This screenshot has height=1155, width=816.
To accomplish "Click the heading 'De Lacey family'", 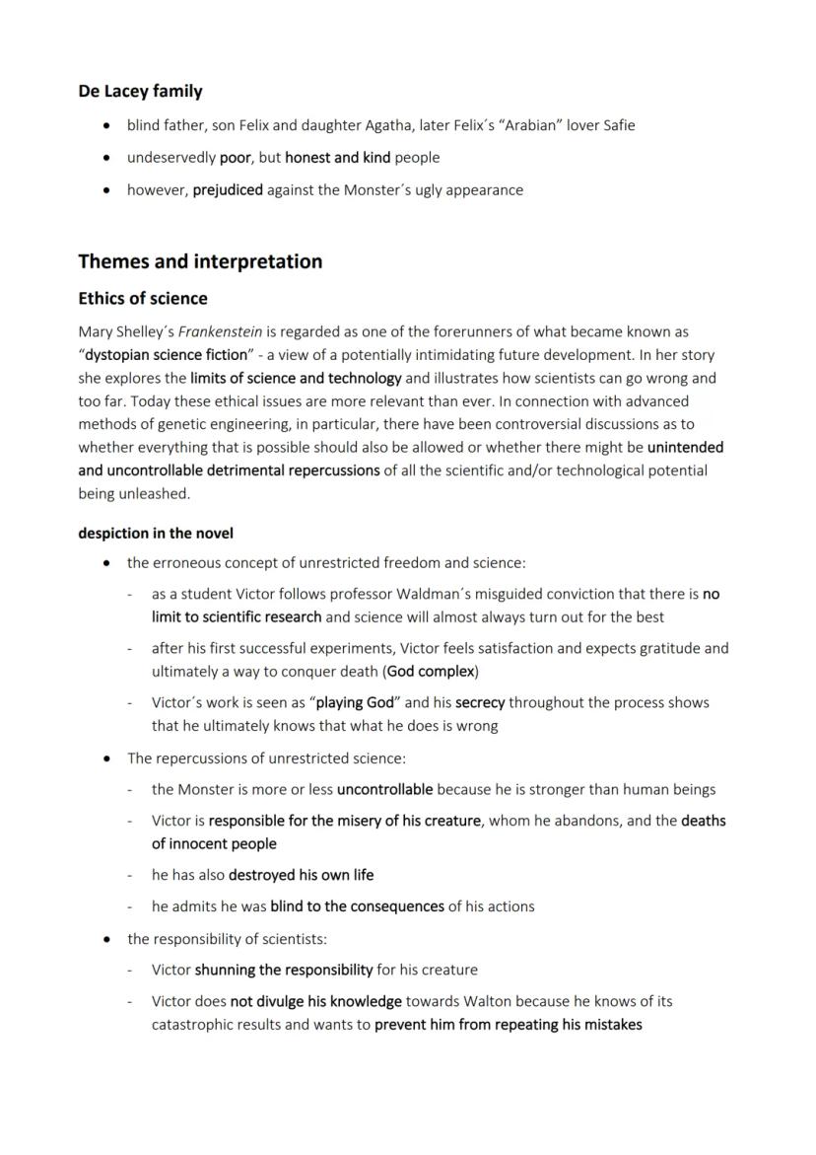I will pos(140,92).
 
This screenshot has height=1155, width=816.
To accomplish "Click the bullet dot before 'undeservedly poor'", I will pos(106,158).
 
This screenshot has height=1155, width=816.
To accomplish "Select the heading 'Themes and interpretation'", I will pos(200,261).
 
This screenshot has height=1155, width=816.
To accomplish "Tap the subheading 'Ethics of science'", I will pos(143,298).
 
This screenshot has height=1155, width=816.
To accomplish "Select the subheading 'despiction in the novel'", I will pos(156,533).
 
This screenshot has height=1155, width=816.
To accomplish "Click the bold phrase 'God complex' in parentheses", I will pos(431,671).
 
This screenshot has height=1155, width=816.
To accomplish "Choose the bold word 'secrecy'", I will pos(480,702).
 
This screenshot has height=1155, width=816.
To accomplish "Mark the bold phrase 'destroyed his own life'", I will pos(301,874).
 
